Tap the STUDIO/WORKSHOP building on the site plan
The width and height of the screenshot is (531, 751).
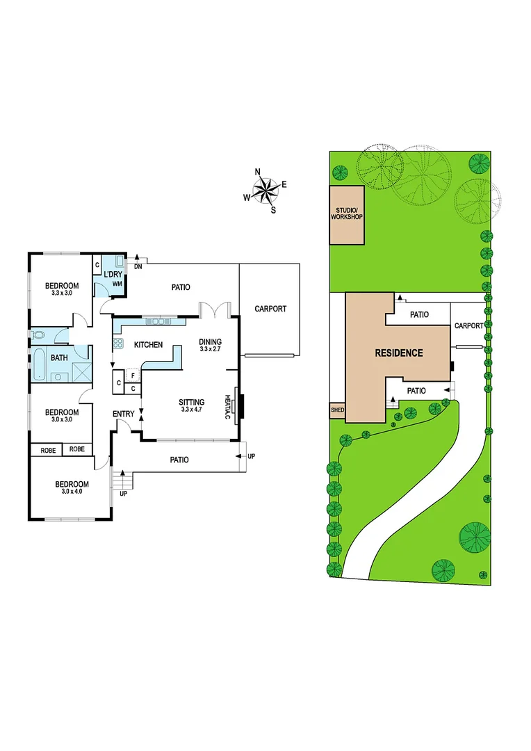pos(346,214)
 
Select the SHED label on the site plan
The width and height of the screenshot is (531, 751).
pos(337,410)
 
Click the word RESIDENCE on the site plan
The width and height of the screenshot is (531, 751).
pos(399,353)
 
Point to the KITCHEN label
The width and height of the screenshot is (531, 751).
pos(148,345)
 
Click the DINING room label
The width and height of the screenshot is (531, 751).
pos(210,341)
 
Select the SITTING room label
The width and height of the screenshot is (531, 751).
pos(192,402)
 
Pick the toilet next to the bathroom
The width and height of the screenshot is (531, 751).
pos(39,335)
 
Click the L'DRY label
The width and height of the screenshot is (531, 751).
pos(113,275)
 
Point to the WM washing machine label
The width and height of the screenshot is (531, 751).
pos(117,285)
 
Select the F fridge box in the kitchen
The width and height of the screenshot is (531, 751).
pos(132,375)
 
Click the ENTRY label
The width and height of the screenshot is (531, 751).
pos(124,414)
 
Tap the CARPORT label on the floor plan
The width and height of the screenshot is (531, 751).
pos(270,309)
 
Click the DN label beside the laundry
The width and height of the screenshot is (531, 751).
pos(138,266)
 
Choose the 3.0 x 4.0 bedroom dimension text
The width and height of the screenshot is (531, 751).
pos(72,492)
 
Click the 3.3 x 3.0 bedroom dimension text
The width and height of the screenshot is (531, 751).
pos(62,293)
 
